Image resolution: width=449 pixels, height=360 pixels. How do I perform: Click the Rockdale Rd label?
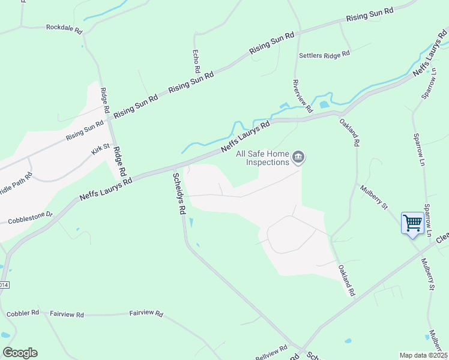tap(64, 28)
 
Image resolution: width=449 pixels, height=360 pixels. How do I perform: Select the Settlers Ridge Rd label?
tap(324, 55)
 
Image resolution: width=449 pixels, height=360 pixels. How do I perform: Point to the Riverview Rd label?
tap(303, 96)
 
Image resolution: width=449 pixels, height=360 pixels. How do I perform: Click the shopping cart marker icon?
tap(412, 224)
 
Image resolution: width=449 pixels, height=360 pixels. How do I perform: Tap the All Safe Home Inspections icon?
tap(299, 158)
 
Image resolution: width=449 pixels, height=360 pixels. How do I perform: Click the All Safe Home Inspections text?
tap(263, 158)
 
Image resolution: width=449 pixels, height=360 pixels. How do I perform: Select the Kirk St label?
tap(100, 148)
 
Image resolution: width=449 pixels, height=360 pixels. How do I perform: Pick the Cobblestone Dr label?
tap(31, 217)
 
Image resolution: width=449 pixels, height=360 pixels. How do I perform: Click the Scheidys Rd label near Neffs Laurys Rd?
tap(178, 194)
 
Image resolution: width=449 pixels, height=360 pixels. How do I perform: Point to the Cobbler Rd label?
tap(23, 313)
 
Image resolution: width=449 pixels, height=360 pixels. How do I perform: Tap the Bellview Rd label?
tap(273, 352)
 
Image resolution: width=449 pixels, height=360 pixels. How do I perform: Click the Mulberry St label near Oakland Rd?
tap(374, 197)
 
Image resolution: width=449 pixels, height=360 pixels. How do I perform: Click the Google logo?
tap(20, 353)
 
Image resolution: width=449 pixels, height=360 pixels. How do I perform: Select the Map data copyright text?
tap(424, 355)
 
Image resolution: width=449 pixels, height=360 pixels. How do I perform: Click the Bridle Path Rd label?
tap(16, 182)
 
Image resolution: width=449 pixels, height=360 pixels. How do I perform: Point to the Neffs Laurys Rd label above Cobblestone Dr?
tap(105, 188)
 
